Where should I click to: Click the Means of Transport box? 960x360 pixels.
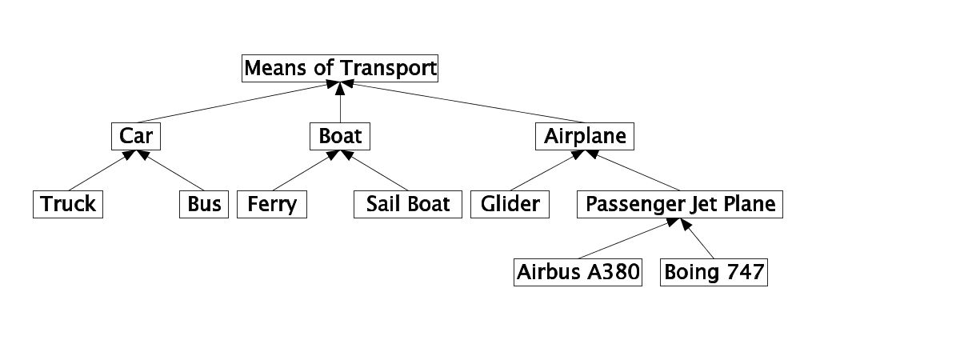340,68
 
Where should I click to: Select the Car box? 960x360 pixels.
135,137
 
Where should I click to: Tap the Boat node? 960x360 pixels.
340,137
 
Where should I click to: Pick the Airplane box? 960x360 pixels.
584,137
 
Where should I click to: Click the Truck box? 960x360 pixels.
68,205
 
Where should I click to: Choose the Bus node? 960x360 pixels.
204,205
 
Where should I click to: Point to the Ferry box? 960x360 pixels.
272,205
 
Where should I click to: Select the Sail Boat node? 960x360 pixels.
408,205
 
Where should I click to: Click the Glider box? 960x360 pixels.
510,205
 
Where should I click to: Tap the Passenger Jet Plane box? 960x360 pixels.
680,205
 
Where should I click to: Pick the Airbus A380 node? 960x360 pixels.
577,273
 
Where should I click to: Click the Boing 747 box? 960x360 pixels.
714,273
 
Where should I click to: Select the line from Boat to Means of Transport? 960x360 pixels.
340,104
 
